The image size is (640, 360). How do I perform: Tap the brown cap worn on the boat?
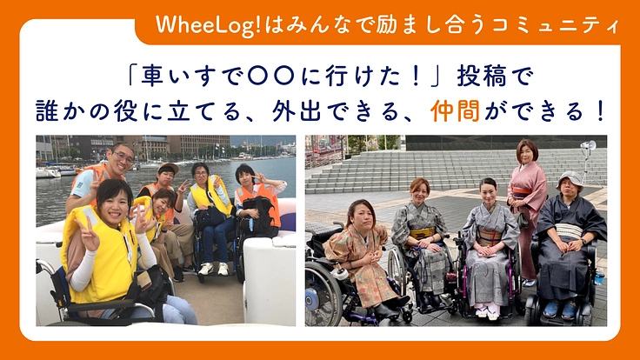(x=168, y=167)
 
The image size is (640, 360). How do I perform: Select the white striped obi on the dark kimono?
(x=569, y=230)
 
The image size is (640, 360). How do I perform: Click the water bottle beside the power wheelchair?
(x=599, y=279)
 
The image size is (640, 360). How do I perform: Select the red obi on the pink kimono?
(x=523, y=192)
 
